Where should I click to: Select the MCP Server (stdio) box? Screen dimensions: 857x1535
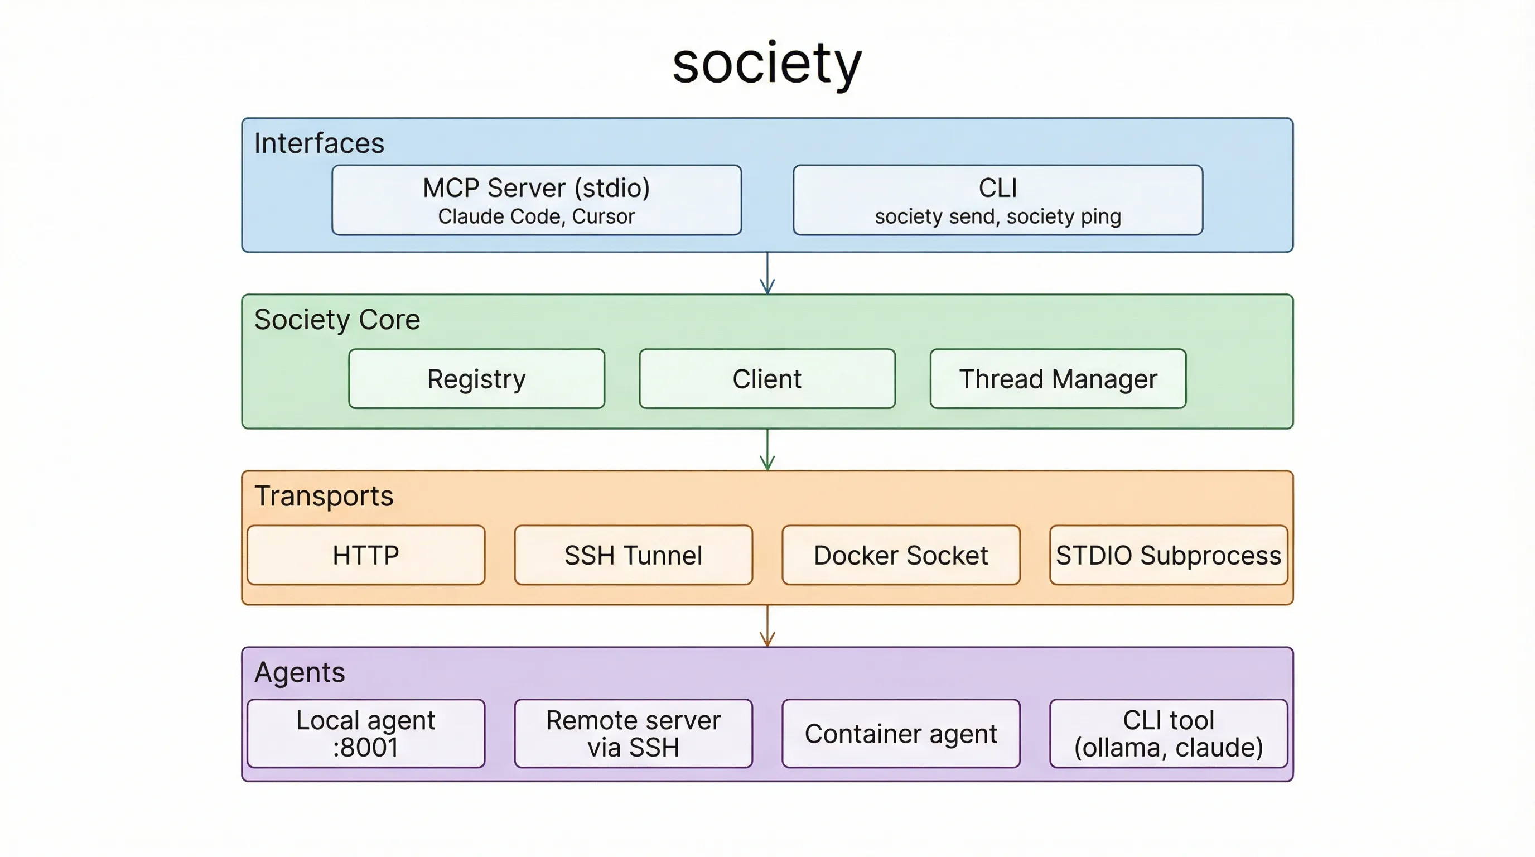[536, 200]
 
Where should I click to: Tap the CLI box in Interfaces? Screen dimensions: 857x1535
[997, 200]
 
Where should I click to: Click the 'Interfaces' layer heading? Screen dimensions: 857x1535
[319, 143]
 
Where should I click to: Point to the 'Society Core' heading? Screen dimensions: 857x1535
[337, 320]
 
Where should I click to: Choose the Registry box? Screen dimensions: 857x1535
[476, 379]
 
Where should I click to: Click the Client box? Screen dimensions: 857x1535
[767, 379]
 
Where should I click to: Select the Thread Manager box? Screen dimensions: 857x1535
[1058, 379]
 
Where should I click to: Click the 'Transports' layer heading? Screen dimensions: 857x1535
[324, 497]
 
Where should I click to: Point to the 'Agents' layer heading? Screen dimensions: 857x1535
[299, 673]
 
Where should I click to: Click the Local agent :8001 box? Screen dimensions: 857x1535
[366, 734]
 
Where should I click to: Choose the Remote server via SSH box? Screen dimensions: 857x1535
[633, 734]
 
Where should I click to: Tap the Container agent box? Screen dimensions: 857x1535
[901, 734]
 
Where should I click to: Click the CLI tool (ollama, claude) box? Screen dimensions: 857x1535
[1168, 734]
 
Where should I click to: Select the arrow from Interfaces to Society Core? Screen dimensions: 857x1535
[767, 273]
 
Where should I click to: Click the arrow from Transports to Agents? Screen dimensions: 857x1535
[767, 626]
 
